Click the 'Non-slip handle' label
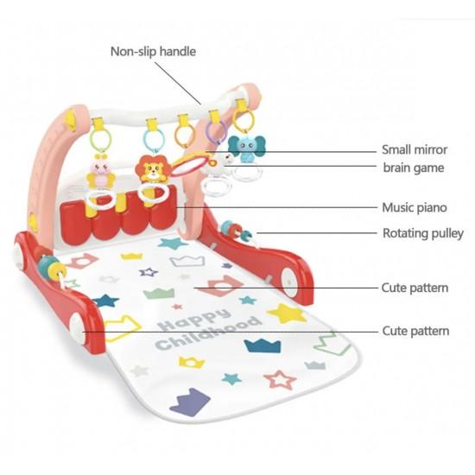coord(153,52)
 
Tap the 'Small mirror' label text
coord(415,149)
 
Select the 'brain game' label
coord(414,168)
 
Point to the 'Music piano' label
coord(415,207)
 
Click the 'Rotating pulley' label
coord(423,233)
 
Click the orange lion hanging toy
coord(151,169)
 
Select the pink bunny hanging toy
coord(101,174)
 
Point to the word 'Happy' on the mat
coord(193,320)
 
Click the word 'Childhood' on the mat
coord(208,334)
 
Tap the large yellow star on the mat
coord(287,313)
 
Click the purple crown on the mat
coord(190,402)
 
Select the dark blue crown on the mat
coord(263,345)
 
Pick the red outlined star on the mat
coord(280,380)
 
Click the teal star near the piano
coord(173,243)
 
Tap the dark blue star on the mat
coord(106,301)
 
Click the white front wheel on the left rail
coord(77,328)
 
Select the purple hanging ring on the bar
coord(216,133)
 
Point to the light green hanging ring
coord(100,140)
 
